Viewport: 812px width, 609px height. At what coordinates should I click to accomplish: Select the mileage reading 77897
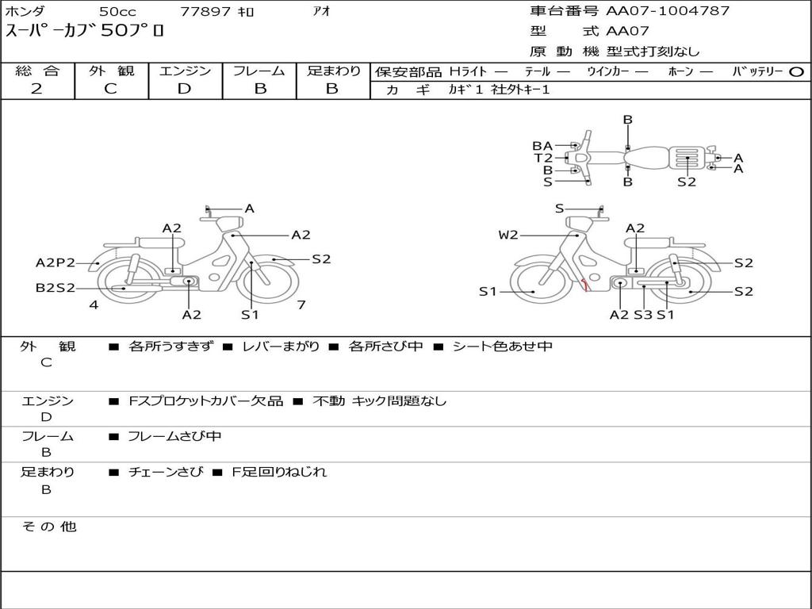coord(206,12)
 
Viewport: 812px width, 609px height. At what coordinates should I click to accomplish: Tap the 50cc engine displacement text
coord(117,12)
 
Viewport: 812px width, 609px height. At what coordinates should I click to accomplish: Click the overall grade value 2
coord(36,89)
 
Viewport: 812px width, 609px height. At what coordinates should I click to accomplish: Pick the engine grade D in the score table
coord(184,89)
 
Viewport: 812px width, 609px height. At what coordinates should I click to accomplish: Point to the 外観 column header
coord(111,71)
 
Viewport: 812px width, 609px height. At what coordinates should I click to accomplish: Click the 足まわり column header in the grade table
coord(333,71)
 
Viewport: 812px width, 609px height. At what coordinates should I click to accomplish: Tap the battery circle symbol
coord(796,71)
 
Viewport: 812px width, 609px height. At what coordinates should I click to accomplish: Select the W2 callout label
coord(508,235)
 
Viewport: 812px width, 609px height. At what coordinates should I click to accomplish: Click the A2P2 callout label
coord(56,263)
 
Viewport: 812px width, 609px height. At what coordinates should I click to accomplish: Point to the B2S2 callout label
coord(55,288)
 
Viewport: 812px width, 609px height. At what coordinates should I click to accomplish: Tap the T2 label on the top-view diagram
coord(543,158)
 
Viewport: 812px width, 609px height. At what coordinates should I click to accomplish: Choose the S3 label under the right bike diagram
coord(642,315)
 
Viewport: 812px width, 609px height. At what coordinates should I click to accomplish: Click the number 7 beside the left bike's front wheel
coord(301,304)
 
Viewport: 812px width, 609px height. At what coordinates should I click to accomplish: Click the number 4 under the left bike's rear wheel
coord(94,304)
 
